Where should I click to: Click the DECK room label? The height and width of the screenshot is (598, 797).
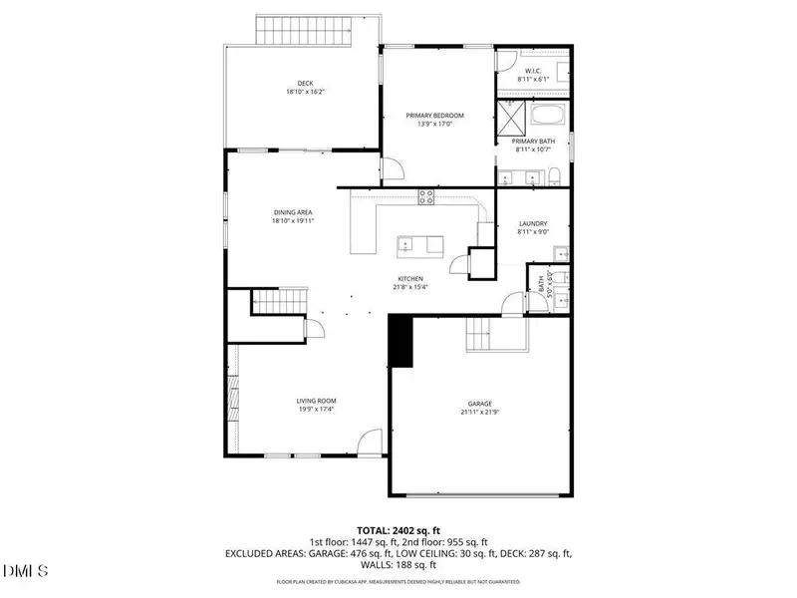(306, 84)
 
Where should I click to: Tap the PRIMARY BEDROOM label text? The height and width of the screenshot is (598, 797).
(434, 116)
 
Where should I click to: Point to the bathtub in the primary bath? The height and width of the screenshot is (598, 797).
(543, 116)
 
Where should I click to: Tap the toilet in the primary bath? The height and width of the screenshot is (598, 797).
(556, 177)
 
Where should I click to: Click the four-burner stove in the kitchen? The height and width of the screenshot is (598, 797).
(426, 197)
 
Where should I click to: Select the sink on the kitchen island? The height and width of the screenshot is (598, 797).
(406, 243)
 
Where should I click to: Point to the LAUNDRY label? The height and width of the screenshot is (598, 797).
(533, 224)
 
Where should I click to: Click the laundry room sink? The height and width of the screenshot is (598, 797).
(561, 251)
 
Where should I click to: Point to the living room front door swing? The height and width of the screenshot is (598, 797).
(370, 441)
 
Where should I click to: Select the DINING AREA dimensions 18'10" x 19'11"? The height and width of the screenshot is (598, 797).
(293, 221)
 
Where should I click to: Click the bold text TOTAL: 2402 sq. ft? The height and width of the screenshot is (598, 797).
(398, 530)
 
